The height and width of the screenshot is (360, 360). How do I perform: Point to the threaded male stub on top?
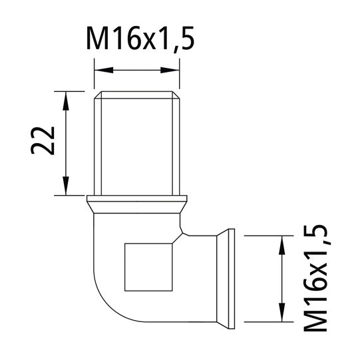pyautogui.click(x=137, y=143)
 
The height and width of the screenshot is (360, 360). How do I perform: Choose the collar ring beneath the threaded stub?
pyautogui.click(x=137, y=200)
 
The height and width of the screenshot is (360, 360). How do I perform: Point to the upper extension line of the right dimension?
pyautogui.click(x=266, y=235)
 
